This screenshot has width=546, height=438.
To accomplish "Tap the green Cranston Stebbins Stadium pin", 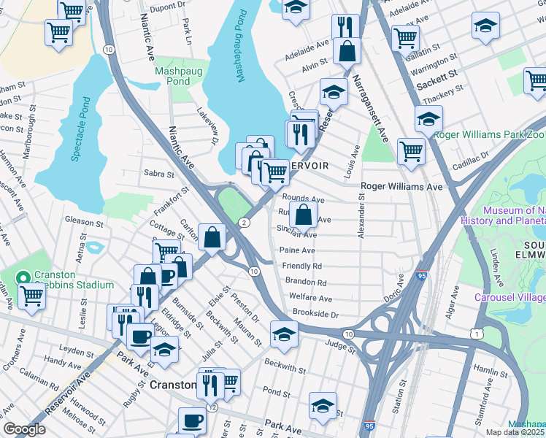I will pyautogui.click(x=23, y=278).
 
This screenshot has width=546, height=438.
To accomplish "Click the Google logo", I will pyautogui.click(x=24, y=430).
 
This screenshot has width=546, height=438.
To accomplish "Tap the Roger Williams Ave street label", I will pyautogui.click(x=402, y=187).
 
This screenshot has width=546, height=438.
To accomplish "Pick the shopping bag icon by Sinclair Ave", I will pyautogui.click(x=303, y=215).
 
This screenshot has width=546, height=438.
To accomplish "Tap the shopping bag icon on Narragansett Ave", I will pyautogui.click(x=347, y=50).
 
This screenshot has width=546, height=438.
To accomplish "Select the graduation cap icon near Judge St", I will pyautogui.click(x=284, y=334).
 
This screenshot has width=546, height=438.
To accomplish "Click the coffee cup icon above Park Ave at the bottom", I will pyautogui.click(x=193, y=420).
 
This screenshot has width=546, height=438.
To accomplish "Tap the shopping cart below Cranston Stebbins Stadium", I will pyautogui.click(x=32, y=296).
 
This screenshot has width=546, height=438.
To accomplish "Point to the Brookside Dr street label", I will pyautogui.click(x=315, y=313).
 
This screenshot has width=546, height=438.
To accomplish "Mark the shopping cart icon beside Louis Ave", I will pyautogui.click(x=412, y=151).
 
